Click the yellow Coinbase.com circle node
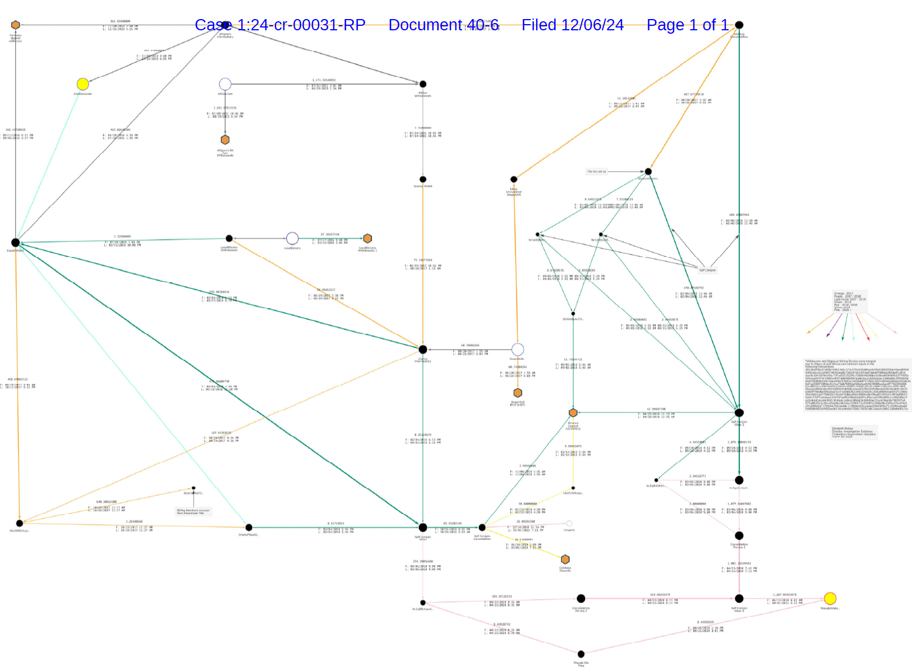point(82,84)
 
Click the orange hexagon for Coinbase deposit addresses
point(16,25)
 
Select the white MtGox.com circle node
point(225,84)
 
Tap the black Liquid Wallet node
point(16,243)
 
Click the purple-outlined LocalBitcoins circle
point(292,239)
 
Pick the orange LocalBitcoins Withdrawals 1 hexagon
point(367,239)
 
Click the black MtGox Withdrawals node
point(423,84)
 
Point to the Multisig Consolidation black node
point(739,25)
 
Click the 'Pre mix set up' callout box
point(597,172)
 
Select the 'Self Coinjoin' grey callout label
point(707,270)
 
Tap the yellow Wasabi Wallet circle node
point(830,598)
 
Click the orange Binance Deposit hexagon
point(573,413)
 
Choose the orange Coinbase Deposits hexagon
point(565,560)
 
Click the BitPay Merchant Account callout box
point(194,511)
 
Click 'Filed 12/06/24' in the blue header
point(572,25)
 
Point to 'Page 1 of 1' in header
point(687,25)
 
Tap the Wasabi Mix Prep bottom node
point(581,654)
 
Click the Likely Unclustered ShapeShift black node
point(514,180)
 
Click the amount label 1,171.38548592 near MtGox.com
point(324,80)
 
